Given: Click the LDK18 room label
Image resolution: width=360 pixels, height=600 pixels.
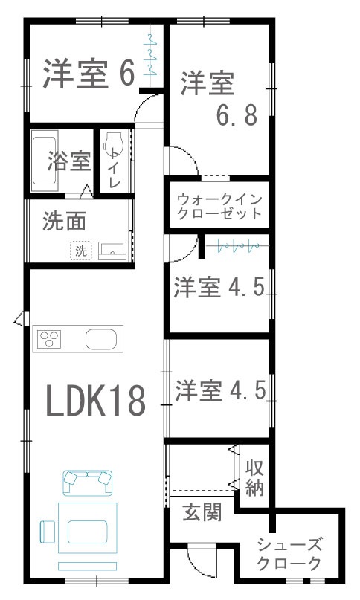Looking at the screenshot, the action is tap(96, 400).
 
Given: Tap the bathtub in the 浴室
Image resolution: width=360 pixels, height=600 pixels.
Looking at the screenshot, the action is tap(45, 161).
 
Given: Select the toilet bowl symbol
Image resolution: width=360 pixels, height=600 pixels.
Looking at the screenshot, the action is tap(113, 143).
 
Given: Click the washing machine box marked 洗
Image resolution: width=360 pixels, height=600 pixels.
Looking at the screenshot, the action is tap(81, 251).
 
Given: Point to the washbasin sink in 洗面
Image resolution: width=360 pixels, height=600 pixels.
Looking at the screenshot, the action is tap(112, 251).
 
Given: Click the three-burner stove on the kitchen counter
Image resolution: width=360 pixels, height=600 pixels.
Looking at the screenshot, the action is tap(49, 339).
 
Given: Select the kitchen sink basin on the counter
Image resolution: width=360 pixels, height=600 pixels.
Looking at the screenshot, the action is tap(100, 339).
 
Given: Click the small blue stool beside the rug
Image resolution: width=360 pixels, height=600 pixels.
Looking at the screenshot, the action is tap(48, 532).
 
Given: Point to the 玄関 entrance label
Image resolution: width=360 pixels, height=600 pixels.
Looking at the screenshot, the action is tap(202, 512).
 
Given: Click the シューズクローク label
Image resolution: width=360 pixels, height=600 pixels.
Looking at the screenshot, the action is tap(289, 553).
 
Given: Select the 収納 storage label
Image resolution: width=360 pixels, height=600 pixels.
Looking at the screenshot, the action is tap(254, 477).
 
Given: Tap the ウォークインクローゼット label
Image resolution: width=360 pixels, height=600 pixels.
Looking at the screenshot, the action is tap(220, 207).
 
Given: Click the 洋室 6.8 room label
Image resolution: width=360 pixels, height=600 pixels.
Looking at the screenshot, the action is tap(219, 98).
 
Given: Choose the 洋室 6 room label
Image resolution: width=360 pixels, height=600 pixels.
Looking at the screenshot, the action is tap(89, 74).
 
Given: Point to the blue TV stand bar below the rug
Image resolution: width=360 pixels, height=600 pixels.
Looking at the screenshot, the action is tap(87, 566).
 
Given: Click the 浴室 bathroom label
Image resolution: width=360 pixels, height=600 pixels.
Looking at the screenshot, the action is tap(69, 161).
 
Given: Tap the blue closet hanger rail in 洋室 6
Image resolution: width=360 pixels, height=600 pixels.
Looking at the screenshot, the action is tap(150, 54).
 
